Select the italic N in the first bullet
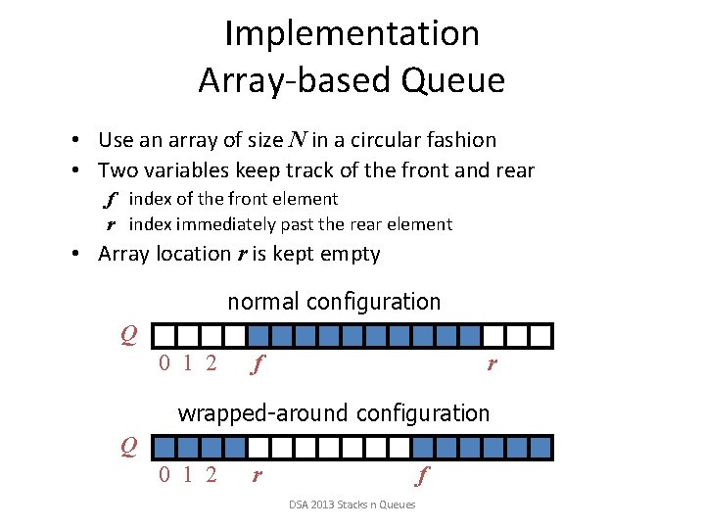pos(294,141)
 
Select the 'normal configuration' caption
pos(334,302)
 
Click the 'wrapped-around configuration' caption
pos(333,413)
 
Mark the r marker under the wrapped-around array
pos(257,478)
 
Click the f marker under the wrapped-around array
pos(421,478)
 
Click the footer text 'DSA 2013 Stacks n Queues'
pos(352,505)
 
